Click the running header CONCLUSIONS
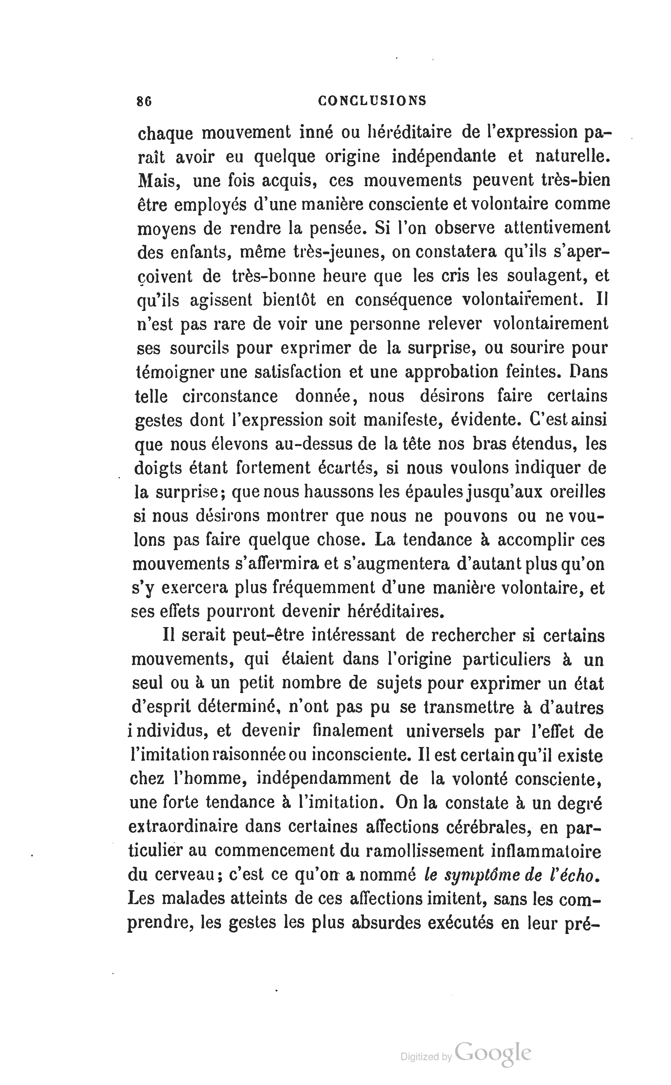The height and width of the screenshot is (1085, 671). (x=372, y=101)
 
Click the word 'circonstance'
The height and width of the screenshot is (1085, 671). (x=230, y=396)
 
